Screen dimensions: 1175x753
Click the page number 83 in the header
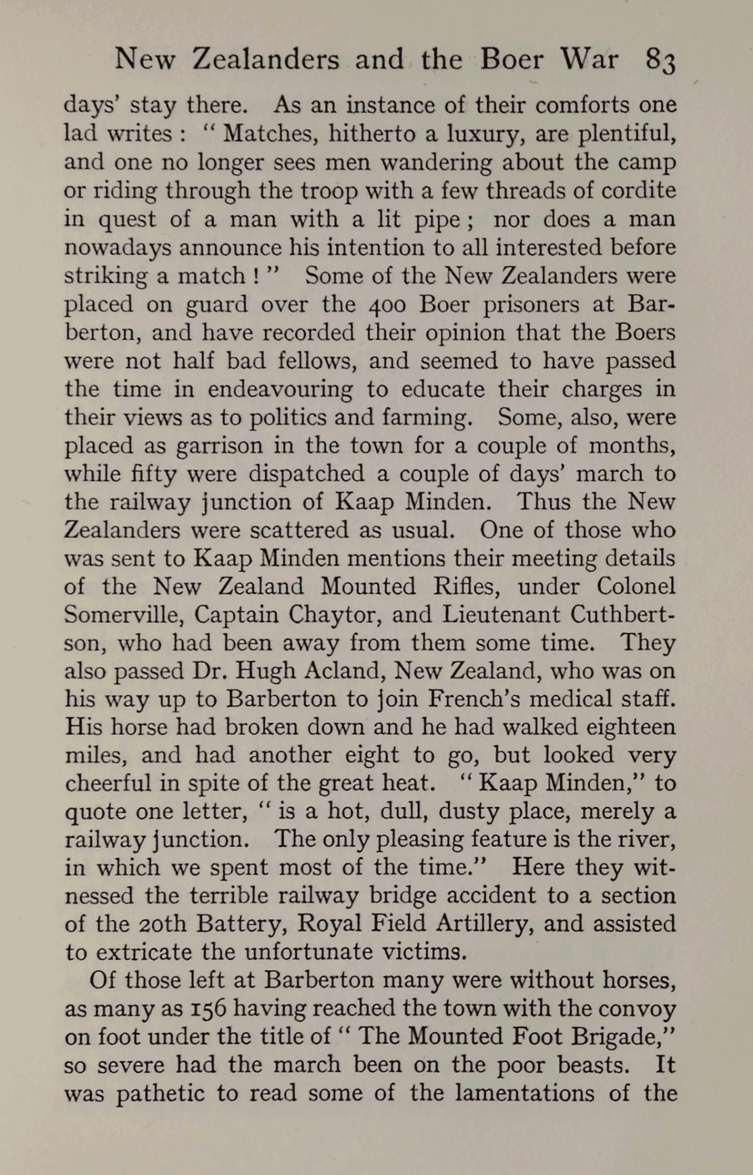click(x=660, y=61)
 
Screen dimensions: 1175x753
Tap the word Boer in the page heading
click(x=512, y=60)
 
